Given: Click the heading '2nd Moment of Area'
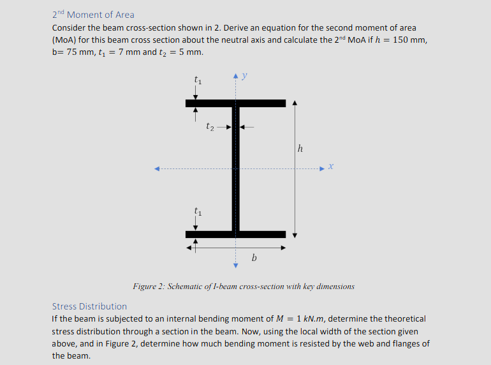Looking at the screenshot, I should click(x=93, y=15).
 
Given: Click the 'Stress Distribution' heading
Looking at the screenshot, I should click(x=89, y=306).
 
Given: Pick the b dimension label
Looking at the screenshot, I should click(x=254, y=258).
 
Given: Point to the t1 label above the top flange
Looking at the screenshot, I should click(x=197, y=80).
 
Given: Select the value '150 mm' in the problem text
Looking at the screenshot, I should click(x=409, y=40).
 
